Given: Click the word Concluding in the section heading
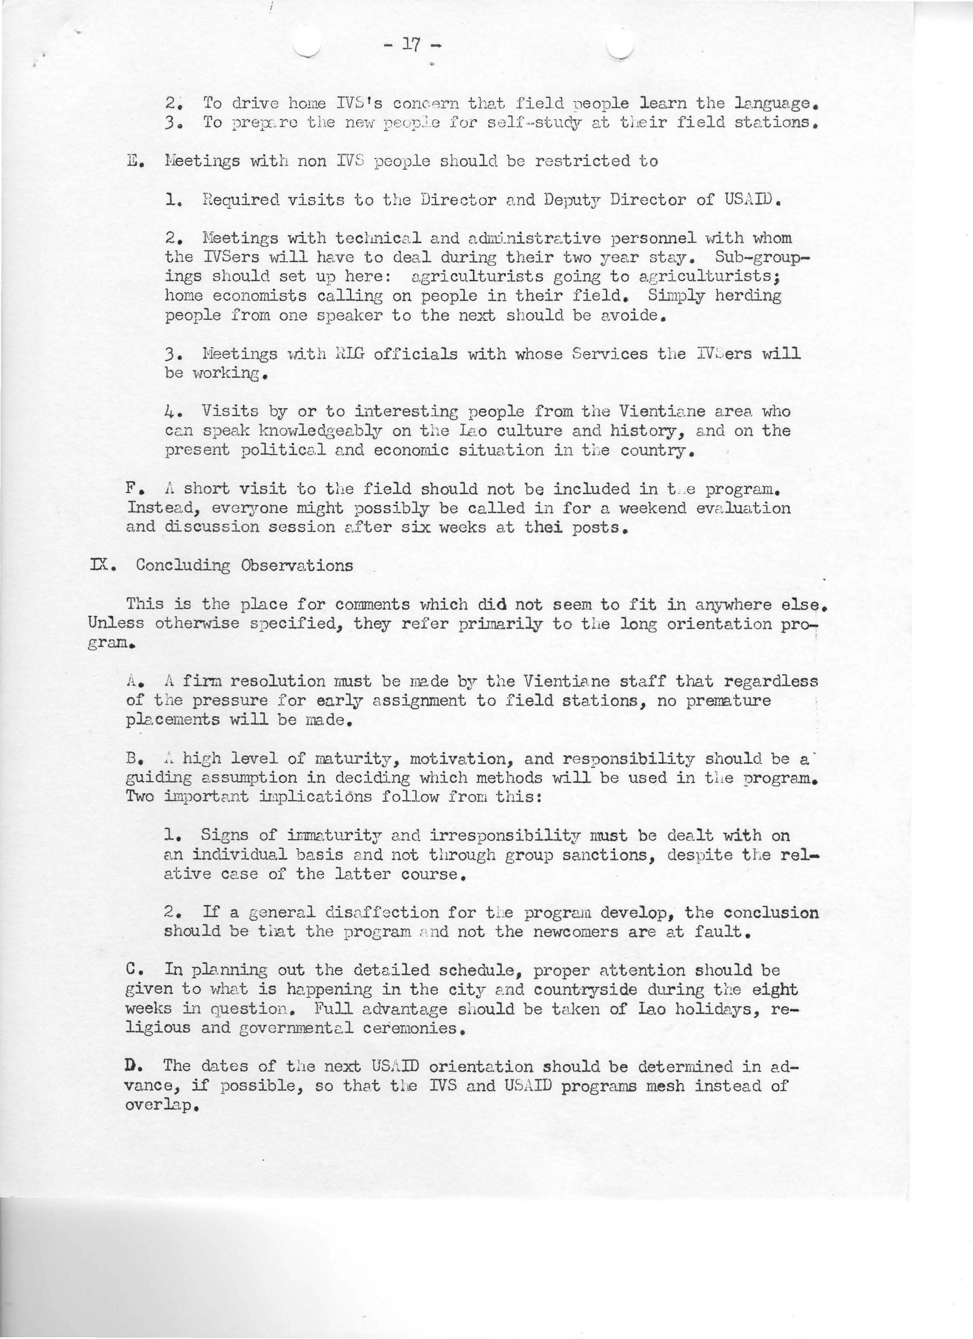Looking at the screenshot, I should coord(183,566).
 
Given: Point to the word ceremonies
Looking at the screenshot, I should coord(410,1028).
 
